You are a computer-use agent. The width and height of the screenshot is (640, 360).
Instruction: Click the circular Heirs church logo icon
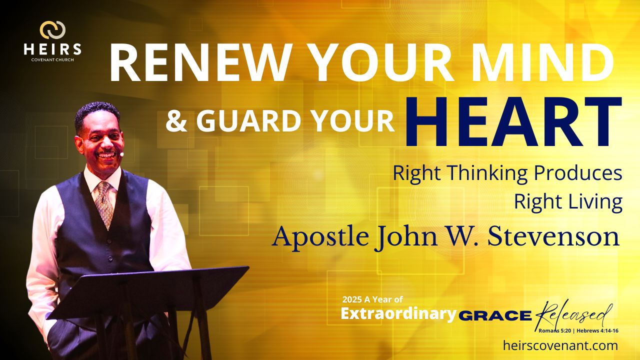pos(52,29)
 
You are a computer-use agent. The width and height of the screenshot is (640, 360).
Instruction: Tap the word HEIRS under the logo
pos(52,49)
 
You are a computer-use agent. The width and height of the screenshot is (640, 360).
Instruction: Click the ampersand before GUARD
pos(176,121)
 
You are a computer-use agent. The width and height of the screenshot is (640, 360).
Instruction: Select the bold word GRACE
pos(495,315)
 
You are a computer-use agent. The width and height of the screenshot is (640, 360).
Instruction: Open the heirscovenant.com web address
pos(560,345)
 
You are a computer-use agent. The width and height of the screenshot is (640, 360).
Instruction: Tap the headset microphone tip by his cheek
pos(122,154)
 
